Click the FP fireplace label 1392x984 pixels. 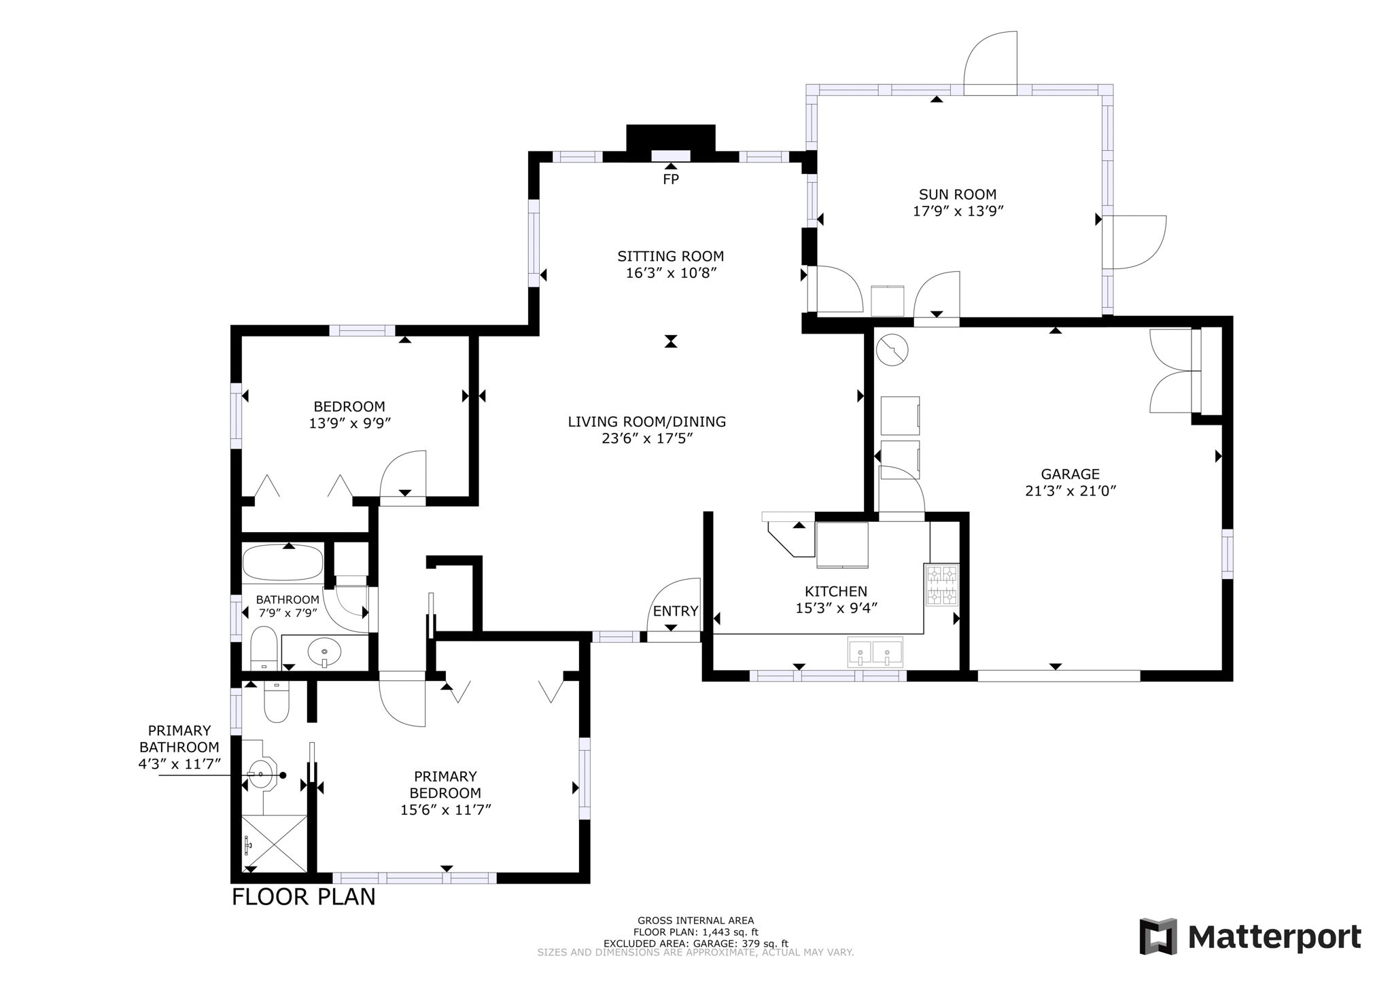click(x=671, y=179)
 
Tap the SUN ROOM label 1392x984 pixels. click(x=958, y=195)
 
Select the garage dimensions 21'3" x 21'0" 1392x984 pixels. click(x=1071, y=491)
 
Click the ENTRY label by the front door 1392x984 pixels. click(x=675, y=611)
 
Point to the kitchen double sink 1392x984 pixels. click(x=875, y=652)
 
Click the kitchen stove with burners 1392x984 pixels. click(x=941, y=585)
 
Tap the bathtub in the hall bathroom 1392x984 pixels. click(x=283, y=563)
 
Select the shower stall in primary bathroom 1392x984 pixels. click(x=275, y=843)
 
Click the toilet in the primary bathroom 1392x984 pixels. click(x=276, y=703)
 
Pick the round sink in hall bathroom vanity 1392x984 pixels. click(x=325, y=653)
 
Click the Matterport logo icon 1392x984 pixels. click(x=1158, y=936)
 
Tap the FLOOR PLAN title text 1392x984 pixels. click(x=303, y=897)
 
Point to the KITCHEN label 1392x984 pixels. click(x=836, y=591)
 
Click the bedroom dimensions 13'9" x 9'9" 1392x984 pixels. click(x=349, y=423)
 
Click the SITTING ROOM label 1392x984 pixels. click(x=670, y=256)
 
